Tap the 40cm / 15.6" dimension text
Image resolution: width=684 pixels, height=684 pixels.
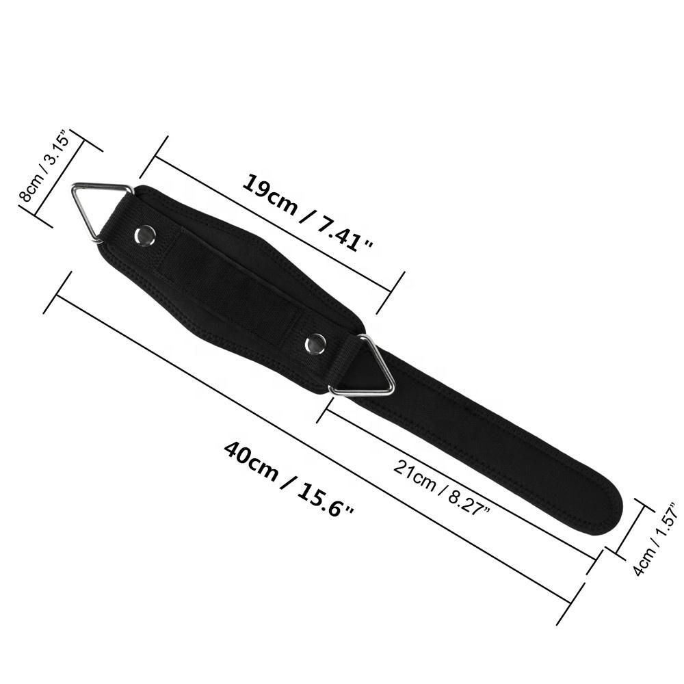[289, 479]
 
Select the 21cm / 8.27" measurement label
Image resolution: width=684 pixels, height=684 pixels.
[442, 487]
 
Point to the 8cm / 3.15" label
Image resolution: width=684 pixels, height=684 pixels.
[44, 166]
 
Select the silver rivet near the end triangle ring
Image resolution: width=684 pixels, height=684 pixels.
[145, 235]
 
